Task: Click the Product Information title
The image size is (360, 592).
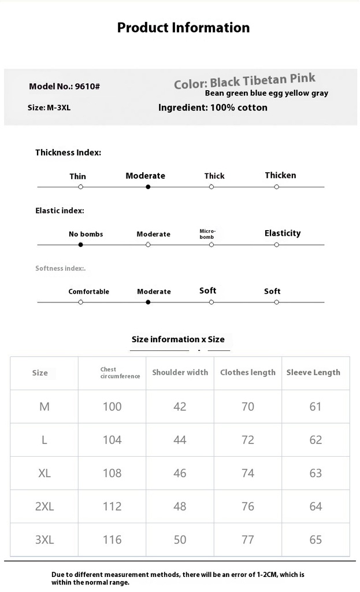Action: [x=183, y=28]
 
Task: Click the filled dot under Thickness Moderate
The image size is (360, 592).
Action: [x=148, y=187]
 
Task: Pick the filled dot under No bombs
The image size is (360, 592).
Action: [x=80, y=245]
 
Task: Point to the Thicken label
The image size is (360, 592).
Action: [x=280, y=175]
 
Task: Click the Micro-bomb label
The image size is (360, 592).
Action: [x=207, y=234]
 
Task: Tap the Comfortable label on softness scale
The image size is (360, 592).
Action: [x=88, y=291]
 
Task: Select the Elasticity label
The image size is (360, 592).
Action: [x=283, y=233]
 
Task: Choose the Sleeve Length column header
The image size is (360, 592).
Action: [x=313, y=372]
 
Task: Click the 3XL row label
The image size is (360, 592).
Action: [x=44, y=539]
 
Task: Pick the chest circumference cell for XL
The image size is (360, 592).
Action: [x=112, y=473]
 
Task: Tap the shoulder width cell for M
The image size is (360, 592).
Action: [x=180, y=406]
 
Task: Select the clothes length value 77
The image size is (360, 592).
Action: [x=248, y=539]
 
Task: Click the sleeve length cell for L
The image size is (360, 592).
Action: [x=316, y=440]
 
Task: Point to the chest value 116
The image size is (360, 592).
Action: [x=112, y=539]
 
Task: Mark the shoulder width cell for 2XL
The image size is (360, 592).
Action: [x=180, y=506]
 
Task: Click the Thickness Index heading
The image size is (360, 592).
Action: [x=68, y=153]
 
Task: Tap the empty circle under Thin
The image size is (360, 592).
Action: [x=80, y=187]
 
